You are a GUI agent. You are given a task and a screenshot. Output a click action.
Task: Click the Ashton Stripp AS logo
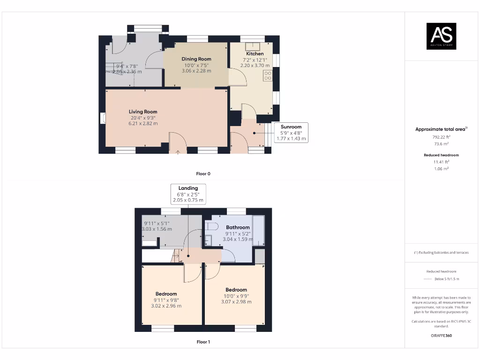tap(441, 36)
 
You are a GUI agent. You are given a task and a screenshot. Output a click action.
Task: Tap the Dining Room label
tap(196, 59)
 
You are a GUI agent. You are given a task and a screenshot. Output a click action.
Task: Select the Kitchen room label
tap(255, 54)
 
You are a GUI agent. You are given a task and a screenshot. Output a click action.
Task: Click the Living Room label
tap(143, 112)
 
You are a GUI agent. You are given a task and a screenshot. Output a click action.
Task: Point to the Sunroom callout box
tap(291, 133)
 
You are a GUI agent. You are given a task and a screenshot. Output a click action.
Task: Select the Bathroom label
tap(238, 227)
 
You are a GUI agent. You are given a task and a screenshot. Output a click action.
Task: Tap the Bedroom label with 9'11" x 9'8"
tap(166, 294)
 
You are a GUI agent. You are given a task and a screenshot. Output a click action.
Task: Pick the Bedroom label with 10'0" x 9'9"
tap(236, 290)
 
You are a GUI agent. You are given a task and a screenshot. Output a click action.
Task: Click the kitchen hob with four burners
tap(268, 76)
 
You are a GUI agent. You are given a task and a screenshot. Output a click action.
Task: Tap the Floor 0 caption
tap(203, 174)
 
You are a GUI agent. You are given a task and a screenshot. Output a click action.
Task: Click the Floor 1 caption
tap(203, 342)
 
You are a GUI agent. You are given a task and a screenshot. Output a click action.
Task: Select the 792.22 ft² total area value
tap(441, 137)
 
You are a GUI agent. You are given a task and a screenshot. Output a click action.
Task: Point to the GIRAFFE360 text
tap(441, 336)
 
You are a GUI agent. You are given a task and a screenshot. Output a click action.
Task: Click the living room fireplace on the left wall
tap(102, 118)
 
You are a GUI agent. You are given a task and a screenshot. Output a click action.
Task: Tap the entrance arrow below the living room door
tap(178, 151)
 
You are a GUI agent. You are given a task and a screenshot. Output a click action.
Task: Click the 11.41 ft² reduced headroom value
tap(441, 162)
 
